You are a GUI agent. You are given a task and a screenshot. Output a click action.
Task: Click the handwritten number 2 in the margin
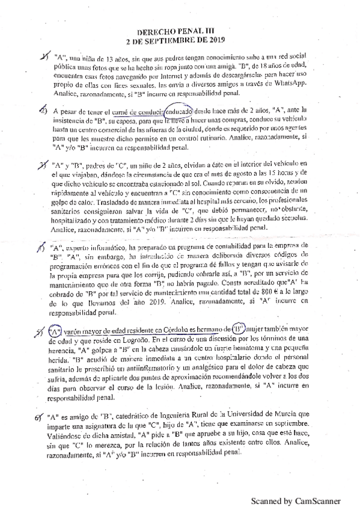pyautogui.click(x=43, y=111)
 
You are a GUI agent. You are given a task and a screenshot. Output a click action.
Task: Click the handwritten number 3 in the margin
pyautogui.click(x=44, y=164)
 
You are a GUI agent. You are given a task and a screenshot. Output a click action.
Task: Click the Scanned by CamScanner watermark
pyautogui.click(x=295, y=500)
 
